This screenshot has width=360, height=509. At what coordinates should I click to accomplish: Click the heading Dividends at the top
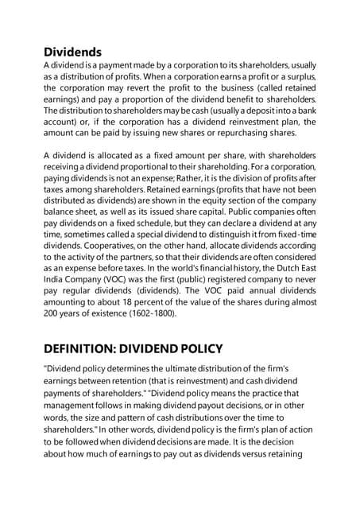(x=72, y=52)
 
